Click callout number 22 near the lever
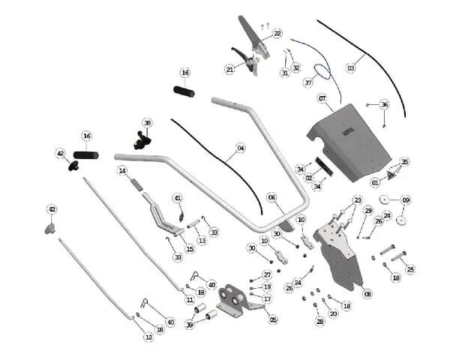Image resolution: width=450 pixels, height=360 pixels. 277,34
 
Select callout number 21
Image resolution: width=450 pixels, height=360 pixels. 229,69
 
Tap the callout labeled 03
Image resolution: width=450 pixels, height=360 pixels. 349,67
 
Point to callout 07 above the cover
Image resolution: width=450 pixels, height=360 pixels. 322,98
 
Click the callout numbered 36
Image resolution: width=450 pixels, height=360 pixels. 385,104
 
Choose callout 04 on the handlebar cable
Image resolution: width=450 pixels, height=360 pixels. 241,148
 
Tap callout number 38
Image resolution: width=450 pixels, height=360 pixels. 147,122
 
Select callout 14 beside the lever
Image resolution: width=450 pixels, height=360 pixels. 121,171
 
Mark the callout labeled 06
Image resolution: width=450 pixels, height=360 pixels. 271,197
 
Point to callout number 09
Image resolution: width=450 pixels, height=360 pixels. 406,200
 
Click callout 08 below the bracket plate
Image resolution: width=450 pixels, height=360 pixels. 367,295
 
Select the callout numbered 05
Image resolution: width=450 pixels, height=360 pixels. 273,319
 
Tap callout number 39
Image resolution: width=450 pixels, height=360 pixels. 189,325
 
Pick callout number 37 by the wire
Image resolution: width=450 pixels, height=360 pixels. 307,83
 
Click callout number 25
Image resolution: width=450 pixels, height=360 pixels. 409,268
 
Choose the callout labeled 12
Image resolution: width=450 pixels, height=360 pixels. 148,338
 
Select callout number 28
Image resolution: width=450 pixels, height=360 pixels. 319,322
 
